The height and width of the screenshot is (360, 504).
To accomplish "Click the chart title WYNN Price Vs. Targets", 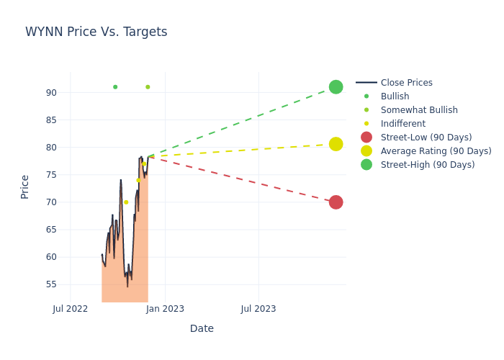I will [x=96, y=32].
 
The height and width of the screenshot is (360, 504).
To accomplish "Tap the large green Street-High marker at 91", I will [x=336, y=87].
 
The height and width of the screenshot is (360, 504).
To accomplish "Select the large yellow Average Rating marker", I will [x=336, y=144].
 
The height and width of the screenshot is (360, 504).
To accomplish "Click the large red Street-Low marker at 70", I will [x=336, y=202].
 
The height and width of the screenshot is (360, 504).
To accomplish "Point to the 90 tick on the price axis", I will [x=52, y=93].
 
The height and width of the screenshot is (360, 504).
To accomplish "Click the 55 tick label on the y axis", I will [x=52, y=284].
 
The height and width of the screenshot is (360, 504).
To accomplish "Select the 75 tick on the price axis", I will [x=52, y=175].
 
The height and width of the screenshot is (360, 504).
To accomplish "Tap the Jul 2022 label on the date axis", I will [x=71, y=309].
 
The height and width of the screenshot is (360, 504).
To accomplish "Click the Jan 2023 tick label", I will [x=165, y=309].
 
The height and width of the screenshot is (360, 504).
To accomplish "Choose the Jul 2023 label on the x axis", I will [x=258, y=309].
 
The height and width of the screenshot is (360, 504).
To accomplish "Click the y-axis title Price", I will [x=25, y=186].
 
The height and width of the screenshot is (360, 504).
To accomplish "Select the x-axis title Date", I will [x=202, y=328].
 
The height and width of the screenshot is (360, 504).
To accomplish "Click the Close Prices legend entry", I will [x=406, y=83].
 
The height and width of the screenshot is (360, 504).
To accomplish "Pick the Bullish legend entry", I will [x=395, y=96].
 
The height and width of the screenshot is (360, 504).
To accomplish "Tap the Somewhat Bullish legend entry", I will [x=419, y=110].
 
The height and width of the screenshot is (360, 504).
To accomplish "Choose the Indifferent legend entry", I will [x=402, y=124].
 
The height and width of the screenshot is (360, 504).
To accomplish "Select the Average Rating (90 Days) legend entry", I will [x=436, y=151].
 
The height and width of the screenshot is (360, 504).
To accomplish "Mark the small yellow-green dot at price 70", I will [x=126, y=202].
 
